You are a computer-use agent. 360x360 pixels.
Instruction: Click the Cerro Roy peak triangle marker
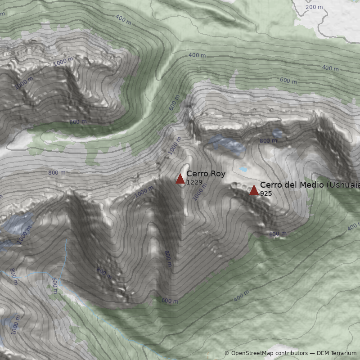pyautogui.click(x=180, y=179)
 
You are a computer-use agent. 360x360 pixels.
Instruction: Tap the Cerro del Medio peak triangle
pyautogui.click(x=254, y=190)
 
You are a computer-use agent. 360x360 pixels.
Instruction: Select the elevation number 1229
pyautogui.click(x=194, y=182)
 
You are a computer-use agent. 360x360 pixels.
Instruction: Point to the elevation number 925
pyautogui.click(x=266, y=193)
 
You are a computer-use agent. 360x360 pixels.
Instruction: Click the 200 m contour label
pyautogui.click(x=314, y=7)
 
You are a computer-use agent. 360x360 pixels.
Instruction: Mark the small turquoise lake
pyautogui.click(x=243, y=170)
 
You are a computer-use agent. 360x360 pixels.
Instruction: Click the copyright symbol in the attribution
pyautogui.click(x=227, y=353)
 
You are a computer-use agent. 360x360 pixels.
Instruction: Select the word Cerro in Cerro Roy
pyautogui.click(x=197, y=174)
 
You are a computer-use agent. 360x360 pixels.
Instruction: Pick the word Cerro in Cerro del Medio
pyautogui.click(x=270, y=185)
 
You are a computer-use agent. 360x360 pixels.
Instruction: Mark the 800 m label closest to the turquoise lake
pyautogui.click(x=268, y=141)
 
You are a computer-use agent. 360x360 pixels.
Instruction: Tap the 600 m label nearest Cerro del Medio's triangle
pyautogui.click(x=278, y=234)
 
